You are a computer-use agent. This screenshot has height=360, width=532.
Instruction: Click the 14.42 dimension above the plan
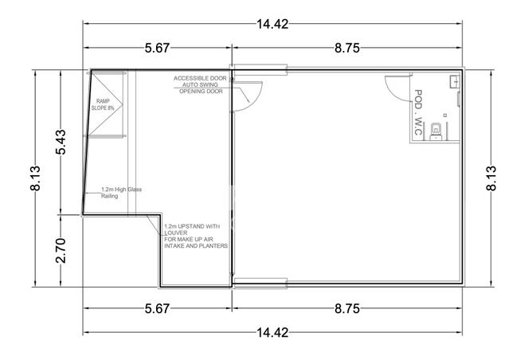[272, 23]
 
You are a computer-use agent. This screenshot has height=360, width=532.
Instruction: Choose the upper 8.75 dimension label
[347, 49]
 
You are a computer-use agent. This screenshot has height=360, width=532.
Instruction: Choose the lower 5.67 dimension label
[157, 307]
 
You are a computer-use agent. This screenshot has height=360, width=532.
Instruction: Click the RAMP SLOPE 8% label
[104, 105]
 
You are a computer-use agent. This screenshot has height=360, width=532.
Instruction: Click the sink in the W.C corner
[454, 80]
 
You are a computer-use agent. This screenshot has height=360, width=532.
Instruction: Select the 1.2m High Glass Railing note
[120, 193]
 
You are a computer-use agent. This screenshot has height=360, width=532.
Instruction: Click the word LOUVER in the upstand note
[177, 233]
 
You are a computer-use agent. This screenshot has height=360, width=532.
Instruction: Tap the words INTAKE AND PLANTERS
[196, 246]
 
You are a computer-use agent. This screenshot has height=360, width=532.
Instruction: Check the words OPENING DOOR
[200, 92]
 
